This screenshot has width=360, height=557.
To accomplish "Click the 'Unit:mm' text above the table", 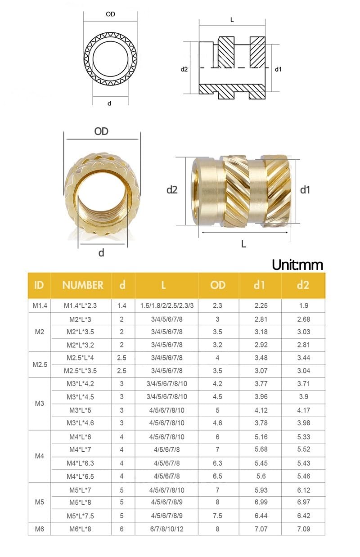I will (x=297, y=265).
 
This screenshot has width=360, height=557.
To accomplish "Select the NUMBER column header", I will (x=82, y=285).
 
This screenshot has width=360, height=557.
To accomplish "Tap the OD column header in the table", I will (x=217, y=285).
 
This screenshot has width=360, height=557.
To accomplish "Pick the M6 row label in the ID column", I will (x=40, y=529).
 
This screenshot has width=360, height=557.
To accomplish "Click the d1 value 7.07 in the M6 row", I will (x=261, y=529).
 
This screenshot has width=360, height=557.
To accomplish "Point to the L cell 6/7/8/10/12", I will (x=166, y=529).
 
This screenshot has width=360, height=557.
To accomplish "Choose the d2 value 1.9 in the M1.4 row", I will (x=303, y=305).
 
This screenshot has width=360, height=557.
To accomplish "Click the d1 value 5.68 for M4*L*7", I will (x=261, y=449).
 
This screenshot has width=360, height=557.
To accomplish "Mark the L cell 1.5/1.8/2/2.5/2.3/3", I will (x=166, y=305).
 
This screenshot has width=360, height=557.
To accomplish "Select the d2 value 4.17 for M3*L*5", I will (x=303, y=410).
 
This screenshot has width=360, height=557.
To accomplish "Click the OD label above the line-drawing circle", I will (x=110, y=14).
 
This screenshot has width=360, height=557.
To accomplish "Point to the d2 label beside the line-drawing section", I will (x=184, y=69).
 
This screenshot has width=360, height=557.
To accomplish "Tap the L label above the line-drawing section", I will (x=232, y=20).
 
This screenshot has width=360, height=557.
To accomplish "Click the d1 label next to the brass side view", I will (x=305, y=190).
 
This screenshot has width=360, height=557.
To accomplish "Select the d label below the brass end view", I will (x=101, y=253).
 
